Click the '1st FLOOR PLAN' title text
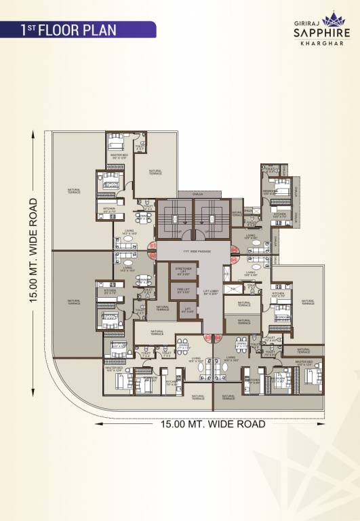(x=68, y=30)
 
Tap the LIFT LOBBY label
(x=209, y=294)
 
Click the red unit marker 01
(x=153, y=245)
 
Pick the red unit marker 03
(x=207, y=337)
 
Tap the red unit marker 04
(x=218, y=337)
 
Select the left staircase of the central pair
(x=174, y=219)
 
